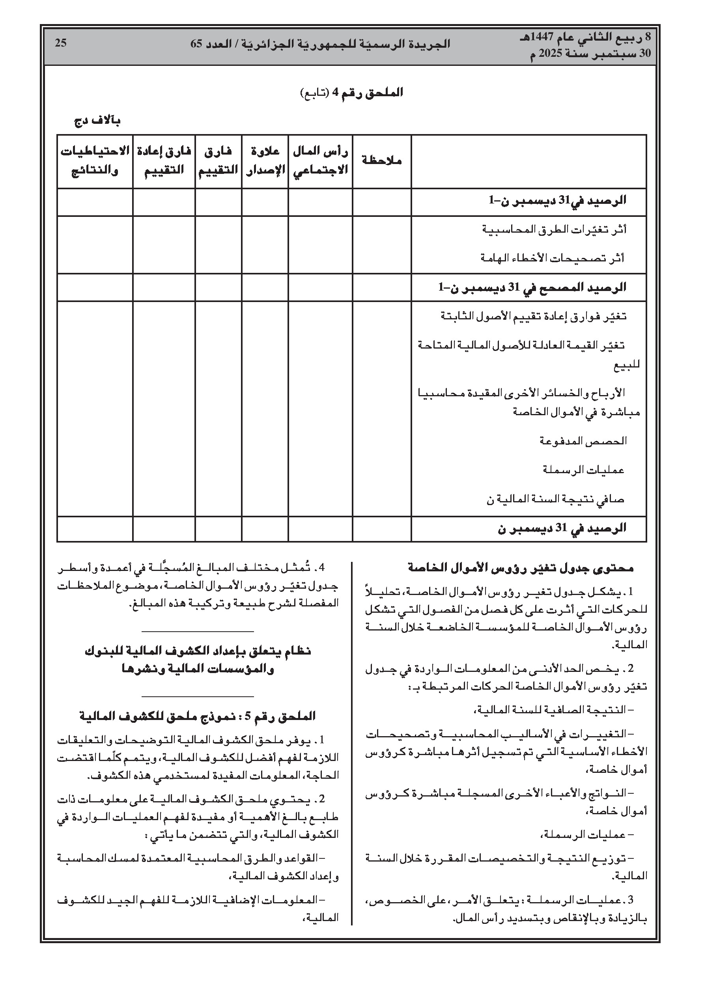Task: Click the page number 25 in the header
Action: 60,43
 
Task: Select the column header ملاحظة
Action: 381,160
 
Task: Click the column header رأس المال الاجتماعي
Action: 320,160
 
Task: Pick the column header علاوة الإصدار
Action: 265,160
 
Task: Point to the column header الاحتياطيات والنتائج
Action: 95,160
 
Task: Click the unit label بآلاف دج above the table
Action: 97,121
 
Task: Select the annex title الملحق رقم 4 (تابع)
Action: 351,93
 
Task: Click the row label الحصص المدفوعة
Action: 583,441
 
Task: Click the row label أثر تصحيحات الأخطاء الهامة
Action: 552,258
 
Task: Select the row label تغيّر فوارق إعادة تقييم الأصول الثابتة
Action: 534,316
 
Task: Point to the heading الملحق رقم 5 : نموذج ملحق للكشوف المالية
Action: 198,716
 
